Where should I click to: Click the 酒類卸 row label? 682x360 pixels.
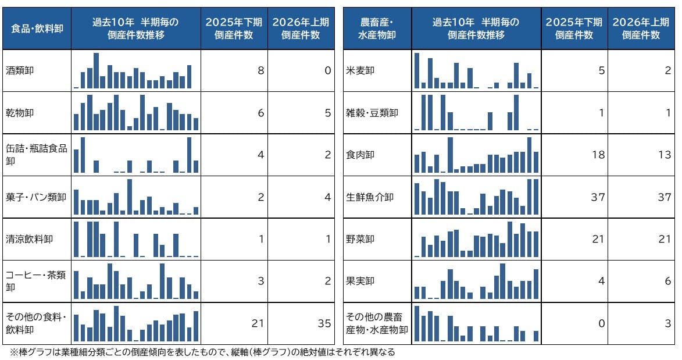coord(20,70)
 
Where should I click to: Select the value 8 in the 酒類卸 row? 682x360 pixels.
coord(260,70)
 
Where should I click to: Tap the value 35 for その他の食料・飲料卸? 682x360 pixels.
coord(324,323)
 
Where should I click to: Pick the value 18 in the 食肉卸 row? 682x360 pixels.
coord(598,155)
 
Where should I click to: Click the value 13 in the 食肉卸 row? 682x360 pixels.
coord(665,155)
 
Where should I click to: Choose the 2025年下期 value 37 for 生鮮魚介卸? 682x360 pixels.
coord(598,197)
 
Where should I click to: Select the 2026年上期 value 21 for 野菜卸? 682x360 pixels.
coord(665,239)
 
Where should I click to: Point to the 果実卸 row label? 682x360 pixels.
coord(360,281)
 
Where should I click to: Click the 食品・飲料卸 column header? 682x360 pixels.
coord(37,28)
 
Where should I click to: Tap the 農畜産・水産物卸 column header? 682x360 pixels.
coord(377,28)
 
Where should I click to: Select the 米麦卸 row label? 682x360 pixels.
coord(360,70)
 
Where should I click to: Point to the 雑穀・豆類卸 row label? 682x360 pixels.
coord(372,113)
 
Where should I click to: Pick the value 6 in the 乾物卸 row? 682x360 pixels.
coord(260,113)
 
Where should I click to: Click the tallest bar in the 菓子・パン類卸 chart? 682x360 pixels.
coord(130,197)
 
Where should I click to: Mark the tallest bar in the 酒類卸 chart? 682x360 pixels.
coord(96,70)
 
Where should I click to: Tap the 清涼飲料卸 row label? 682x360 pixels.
coord(29,239)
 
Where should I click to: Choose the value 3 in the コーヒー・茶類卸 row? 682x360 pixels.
coord(260,281)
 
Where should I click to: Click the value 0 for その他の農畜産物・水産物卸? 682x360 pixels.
coord(601,323)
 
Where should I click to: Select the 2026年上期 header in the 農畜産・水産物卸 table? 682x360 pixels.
coord(641,28)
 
